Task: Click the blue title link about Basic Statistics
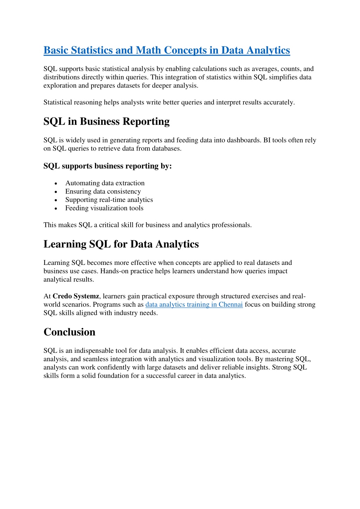pos(166,50)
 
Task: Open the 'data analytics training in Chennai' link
pos(194,305)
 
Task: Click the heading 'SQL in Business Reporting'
pos(106,121)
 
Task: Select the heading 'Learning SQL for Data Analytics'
pos(121,244)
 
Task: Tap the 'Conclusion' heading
pos(69,332)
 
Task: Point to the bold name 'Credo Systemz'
pos(76,297)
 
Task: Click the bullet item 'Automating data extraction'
pos(105,183)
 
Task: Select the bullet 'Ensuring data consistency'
pos(103,192)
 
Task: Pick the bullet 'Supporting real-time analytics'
pos(109,200)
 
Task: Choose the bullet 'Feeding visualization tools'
pos(104,208)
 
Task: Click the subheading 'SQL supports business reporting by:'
pos(107,166)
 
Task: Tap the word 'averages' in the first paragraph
pos(264,69)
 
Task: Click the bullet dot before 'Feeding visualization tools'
pos(56,209)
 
